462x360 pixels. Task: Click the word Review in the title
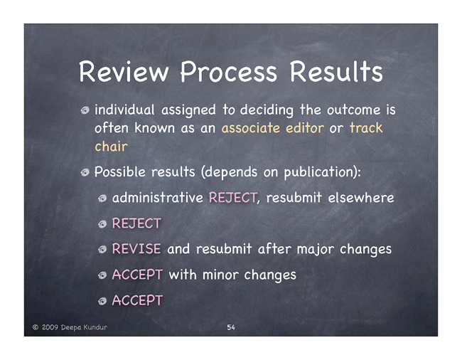124,71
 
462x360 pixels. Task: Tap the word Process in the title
229,72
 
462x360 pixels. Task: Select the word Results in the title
336,71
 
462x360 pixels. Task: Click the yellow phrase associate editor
272,128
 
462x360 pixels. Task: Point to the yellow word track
366,128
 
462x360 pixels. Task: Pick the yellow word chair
111,147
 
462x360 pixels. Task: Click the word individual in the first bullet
124,110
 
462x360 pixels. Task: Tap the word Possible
119,171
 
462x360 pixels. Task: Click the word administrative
158,198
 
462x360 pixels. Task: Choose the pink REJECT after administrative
232,198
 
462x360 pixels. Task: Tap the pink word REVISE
136,249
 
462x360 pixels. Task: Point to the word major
316,250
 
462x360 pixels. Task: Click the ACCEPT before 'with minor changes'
137,275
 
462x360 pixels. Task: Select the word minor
220,275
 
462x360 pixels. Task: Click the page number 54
231,327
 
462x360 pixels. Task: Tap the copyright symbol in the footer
36,327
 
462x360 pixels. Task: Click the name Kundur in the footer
95,327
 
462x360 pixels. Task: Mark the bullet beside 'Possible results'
85,172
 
